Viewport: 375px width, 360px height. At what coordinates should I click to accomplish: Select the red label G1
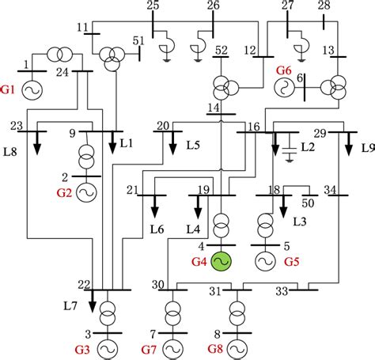(9, 90)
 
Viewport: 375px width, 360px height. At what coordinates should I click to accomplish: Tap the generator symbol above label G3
(106, 347)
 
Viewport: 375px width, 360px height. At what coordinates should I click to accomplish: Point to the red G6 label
(284, 71)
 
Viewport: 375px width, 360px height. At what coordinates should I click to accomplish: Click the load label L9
(367, 147)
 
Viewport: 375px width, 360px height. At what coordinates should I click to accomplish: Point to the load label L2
(308, 148)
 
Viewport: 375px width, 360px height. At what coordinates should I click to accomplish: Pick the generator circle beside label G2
(85, 191)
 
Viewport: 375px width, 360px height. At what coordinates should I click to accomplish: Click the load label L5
(193, 146)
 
